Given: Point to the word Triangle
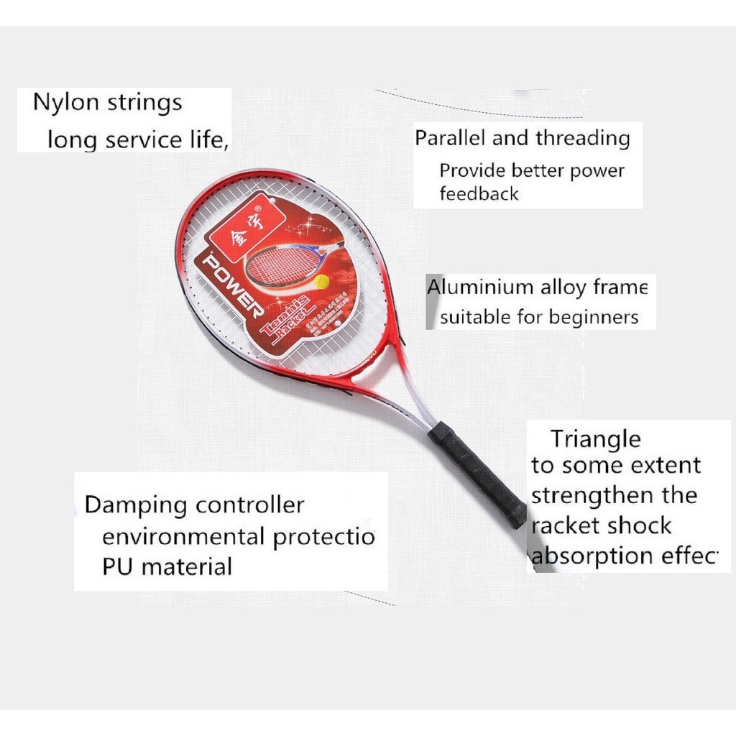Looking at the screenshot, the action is pyautogui.click(x=595, y=438).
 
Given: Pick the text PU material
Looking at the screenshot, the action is pyautogui.click(x=167, y=566).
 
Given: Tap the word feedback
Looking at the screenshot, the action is pyautogui.click(x=479, y=193).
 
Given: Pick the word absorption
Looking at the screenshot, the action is pyautogui.click(x=583, y=556).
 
